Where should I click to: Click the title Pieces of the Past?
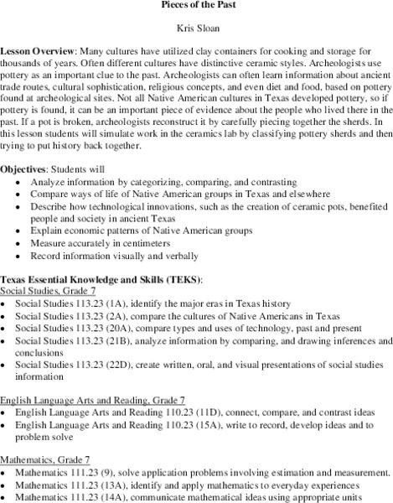196,5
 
